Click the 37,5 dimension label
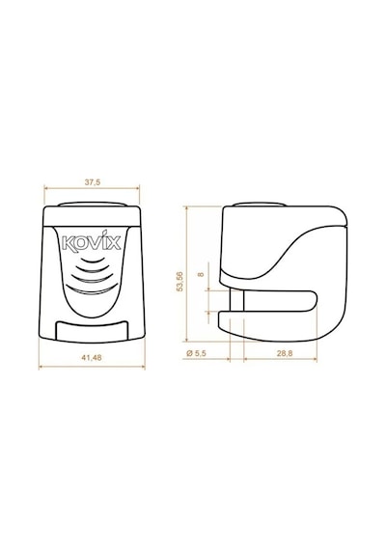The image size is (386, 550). (93, 182)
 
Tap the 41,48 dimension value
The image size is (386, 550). (92, 357)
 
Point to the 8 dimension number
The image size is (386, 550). (201, 274)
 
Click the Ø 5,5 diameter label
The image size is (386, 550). (196, 353)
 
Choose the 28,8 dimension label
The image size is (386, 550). (285, 353)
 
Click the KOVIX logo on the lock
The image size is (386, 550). (92, 241)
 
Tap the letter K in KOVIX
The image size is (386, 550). (68, 243)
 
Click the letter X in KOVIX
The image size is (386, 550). (114, 242)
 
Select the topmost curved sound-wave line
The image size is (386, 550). (94, 261)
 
